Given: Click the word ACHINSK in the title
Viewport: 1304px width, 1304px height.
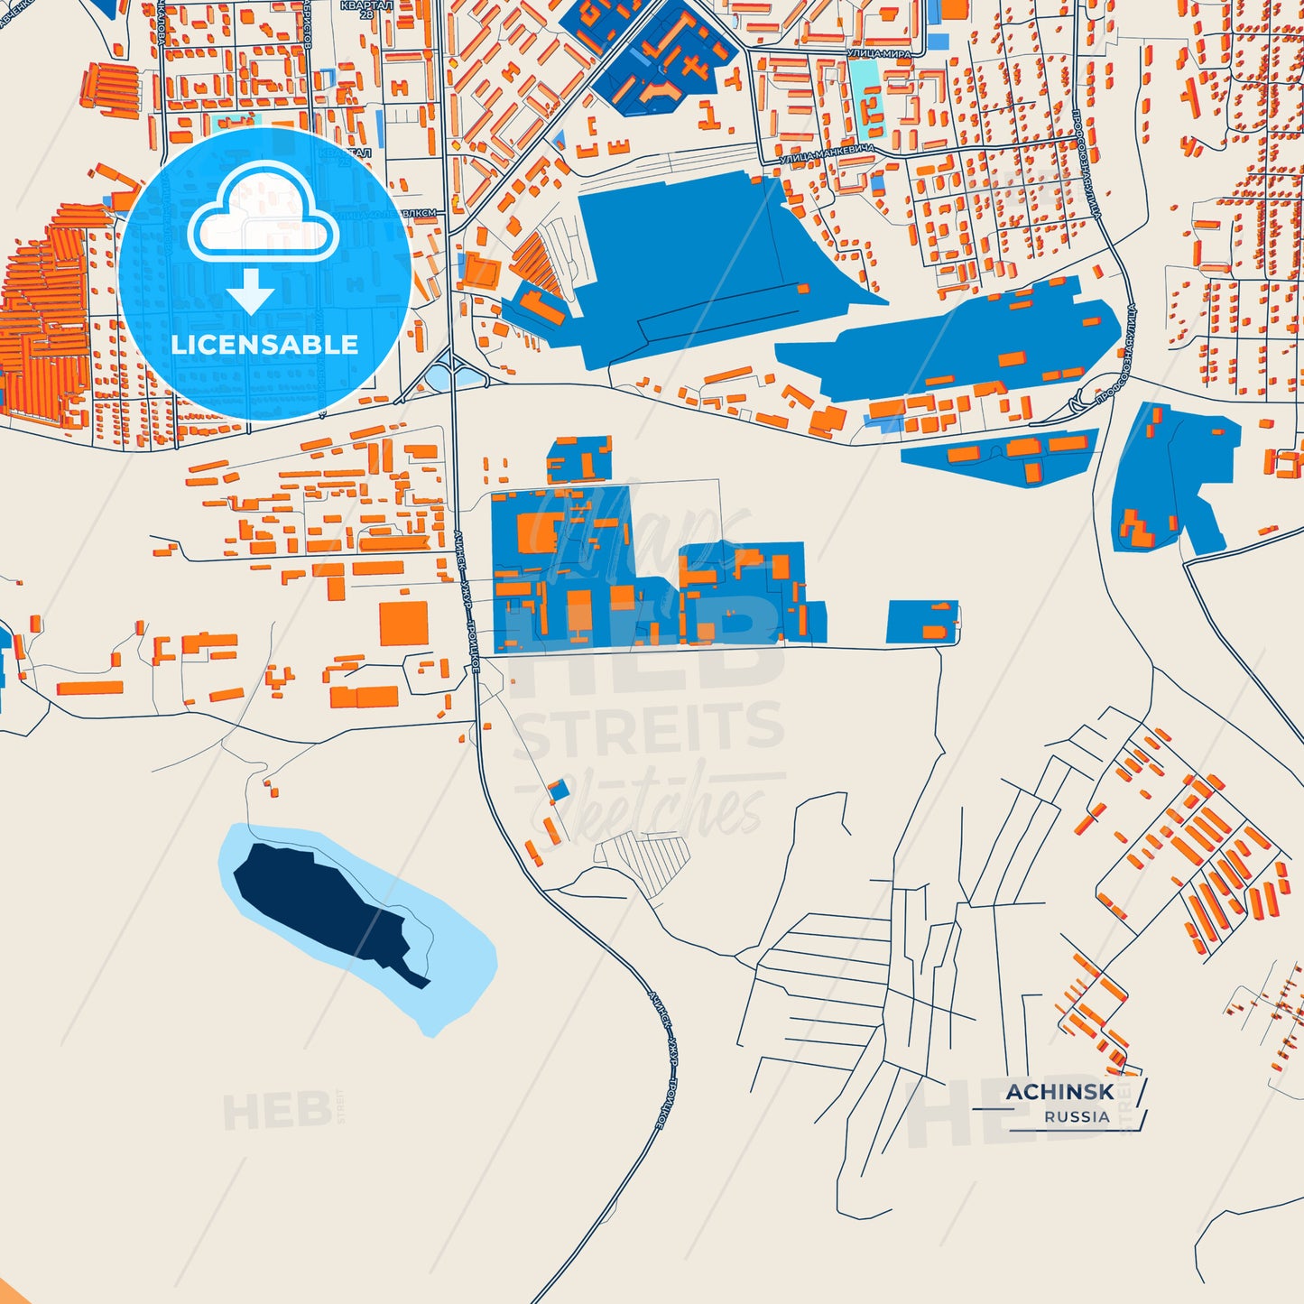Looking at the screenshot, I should (x=1059, y=1091).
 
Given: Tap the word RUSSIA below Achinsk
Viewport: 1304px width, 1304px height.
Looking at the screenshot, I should (x=1077, y=1116).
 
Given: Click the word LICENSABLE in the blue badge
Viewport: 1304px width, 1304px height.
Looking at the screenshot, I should (x=264, y=344).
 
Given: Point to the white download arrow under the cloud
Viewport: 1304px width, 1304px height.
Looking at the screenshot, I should (x=251, y=291).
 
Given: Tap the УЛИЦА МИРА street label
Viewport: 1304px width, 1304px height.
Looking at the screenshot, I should (x=878, y=54).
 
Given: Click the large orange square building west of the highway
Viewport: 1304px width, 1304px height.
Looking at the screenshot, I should (x=403, y=624).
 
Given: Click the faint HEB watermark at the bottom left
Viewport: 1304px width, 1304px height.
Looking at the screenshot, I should (x=276, y=1112).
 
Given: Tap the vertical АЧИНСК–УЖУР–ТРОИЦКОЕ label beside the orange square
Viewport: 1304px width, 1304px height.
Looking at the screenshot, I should (x=468, y=600).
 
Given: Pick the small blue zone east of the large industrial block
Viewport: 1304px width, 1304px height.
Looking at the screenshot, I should (x=921, y=622).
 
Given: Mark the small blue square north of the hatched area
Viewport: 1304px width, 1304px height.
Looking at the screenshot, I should (x=560, y=791).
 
